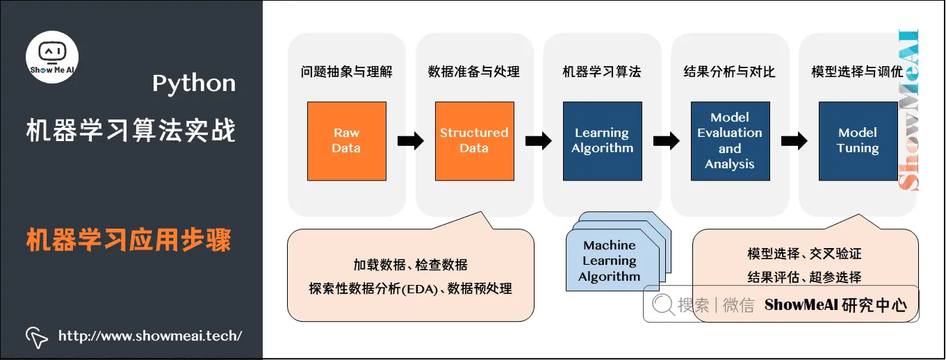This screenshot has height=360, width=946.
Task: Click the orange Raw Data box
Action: click(x=346, y=141)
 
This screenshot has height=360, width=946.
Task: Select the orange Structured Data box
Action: click(x=474, y=141)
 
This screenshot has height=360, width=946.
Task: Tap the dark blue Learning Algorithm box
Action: click(x=602, y=141)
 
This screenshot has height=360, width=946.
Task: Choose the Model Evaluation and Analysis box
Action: click(x=730, y=141)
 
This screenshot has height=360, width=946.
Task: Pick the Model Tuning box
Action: click(x=858, y=141)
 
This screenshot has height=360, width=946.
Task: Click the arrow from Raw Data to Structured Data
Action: click(x=411, y=141)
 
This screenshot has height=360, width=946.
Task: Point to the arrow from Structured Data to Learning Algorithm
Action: click(x=539, y=141)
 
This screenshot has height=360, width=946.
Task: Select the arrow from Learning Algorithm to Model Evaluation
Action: click(x=667, y=141)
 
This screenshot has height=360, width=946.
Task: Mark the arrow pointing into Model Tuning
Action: click(x=794, y=141)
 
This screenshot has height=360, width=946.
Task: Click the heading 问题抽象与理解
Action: click(x=346, y=72)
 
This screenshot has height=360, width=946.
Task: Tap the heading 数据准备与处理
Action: click(x=474, y=72)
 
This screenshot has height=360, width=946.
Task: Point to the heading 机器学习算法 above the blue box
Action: click(x=602, y=72)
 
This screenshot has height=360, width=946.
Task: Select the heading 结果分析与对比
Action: click(x=730, y=72)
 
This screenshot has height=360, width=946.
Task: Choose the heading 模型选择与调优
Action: click(x=858, y=72)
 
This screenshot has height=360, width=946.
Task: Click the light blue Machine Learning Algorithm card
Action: click(x=609, y=261)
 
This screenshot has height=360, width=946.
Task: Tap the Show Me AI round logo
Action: click(x=52, y=56)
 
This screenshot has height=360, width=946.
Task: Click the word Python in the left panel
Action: click(x=194, y=84)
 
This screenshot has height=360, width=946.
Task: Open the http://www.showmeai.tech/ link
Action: click(x=149, y=336)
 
